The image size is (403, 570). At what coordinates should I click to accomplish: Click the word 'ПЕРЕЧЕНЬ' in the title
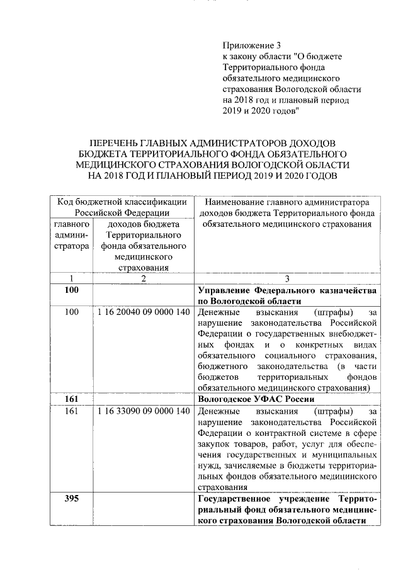click(x=117, y=142)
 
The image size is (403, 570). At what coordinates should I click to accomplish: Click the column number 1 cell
click(x=71, y=278)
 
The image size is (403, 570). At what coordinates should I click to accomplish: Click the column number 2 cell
click(x=143, y=278)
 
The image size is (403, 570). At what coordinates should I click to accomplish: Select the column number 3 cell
click(x=287, y=278)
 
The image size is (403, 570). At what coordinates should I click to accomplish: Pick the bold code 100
click(x=71, y=290)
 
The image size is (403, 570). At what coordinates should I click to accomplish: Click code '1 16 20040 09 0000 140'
click(x=144, y=312)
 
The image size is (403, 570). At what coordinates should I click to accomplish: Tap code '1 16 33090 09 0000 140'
click(x=144, y=411)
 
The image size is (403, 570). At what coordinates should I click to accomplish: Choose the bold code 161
click(x=71, y=399)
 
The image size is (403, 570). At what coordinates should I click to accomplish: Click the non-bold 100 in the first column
click(x=71, y=312)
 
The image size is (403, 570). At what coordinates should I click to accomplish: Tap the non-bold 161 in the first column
click(x=71, y=411)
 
